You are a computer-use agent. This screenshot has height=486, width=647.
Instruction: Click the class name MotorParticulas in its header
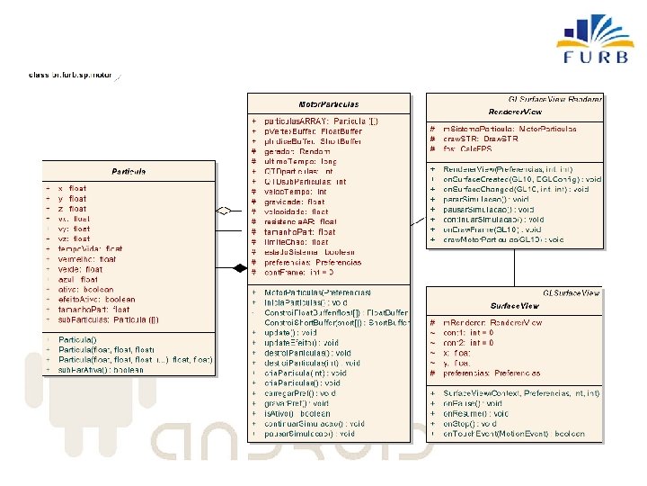[x=328, y=104]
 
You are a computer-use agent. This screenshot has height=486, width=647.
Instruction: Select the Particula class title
[x=129, y=171]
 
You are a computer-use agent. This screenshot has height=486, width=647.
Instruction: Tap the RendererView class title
[x=515, y=112]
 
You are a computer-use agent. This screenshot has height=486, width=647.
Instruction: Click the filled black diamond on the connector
[x=240, y=267]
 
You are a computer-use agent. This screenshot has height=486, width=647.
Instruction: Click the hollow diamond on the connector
[x=226, y=210]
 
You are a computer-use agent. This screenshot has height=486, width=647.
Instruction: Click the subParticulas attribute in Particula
[x=109, y=319]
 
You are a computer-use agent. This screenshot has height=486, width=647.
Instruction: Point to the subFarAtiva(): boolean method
[x=101, y=370]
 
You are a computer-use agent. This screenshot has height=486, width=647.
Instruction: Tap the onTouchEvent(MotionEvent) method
[x=513, y=434]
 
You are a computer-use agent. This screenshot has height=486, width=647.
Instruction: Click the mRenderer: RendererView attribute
[x=492, y=322]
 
